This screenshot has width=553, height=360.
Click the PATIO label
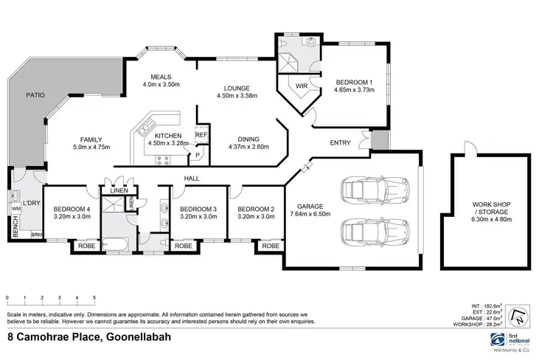[x=35, y=95]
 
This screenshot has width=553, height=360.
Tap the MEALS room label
[x=161, y=77]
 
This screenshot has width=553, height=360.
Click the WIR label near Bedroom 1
[x=301, y=87]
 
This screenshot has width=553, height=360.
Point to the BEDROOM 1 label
[x=355, y=83]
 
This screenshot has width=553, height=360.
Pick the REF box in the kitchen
[x=201, y=135]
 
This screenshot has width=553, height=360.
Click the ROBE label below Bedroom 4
[x=87, y=246]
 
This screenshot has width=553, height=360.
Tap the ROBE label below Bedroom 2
[x=271, y=246]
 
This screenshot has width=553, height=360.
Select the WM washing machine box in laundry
[x=16, y=210]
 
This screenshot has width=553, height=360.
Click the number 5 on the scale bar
[x=94, y=299]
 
